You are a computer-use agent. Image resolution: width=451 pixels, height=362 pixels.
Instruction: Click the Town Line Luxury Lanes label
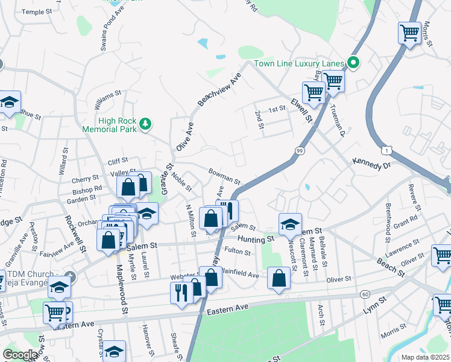[x=298, y=63]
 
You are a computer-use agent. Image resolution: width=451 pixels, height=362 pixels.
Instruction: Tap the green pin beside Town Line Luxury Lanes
[x=354, y=62]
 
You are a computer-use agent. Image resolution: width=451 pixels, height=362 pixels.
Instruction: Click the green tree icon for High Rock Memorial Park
[x=145, y=124]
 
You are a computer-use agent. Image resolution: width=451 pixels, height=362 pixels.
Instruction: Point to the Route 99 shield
[x=300, y=150]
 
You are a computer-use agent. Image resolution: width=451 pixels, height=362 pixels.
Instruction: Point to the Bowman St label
[x=224, y=177]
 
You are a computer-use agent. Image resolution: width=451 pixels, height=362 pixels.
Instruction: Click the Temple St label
[x=42, y=11]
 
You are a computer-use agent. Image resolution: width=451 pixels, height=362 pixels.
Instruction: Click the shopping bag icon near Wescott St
[x=279, y=278]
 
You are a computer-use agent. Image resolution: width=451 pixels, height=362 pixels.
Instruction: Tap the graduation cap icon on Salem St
[x=290, y=224]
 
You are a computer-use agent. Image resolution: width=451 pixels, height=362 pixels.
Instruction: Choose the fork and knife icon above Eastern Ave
[x=181, y=294]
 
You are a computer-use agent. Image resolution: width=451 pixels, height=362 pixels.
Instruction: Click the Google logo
[x=20, y=355]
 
